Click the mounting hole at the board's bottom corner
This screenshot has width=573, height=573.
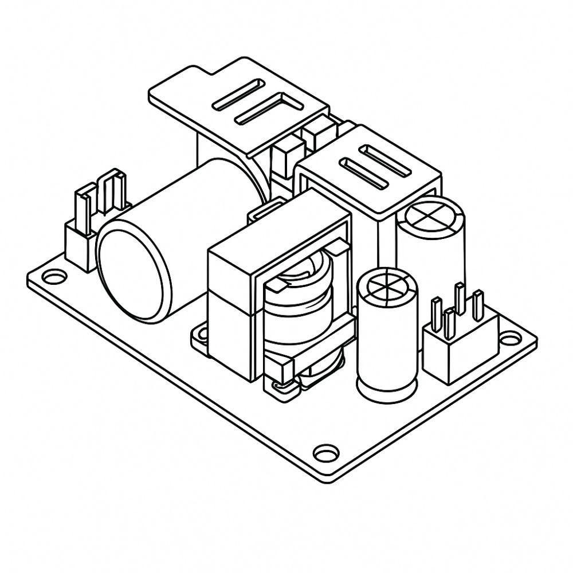click(x=325, y=452)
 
